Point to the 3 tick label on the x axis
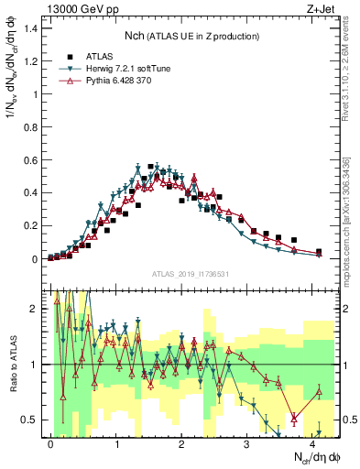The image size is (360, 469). click(x=247, y=443)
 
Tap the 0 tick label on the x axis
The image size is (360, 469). click(x=50, y=443)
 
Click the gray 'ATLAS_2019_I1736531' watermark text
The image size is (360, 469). click(x=191, y=274)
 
